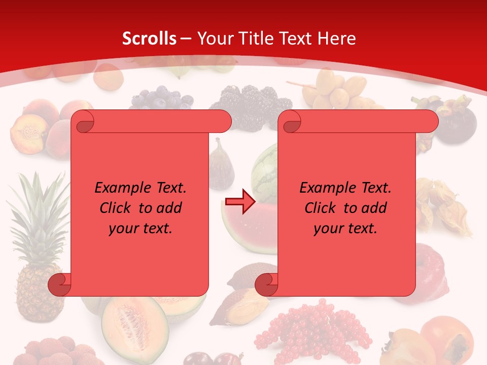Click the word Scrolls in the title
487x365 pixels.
149,39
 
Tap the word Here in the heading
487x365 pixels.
336,39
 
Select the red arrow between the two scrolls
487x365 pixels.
240,202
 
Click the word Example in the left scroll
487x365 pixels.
120,188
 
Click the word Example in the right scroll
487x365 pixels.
325,188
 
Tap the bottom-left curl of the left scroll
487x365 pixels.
59,285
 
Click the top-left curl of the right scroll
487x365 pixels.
291,122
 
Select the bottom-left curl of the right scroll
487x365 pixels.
266,285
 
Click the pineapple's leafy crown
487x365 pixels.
38,213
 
